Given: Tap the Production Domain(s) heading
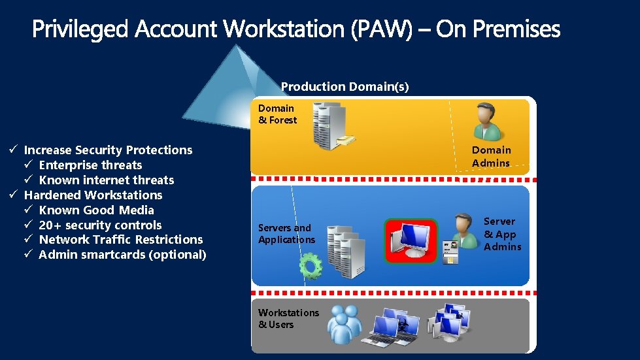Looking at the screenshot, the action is tap(345, 86).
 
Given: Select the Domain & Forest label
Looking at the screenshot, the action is tap(277, 114).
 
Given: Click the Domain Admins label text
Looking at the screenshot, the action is tap(491, 157).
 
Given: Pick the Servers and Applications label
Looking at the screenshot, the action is tap(286, 234).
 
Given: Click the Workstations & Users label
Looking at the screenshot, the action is tap(288, 319).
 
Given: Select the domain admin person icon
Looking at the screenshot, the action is tap(487, 121).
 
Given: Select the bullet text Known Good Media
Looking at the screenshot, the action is tap(96, 210).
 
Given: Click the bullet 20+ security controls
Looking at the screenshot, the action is tap(100, 225).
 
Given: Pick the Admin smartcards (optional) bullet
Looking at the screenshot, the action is tap(122, 255).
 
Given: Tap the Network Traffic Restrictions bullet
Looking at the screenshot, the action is tap(120, 240).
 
